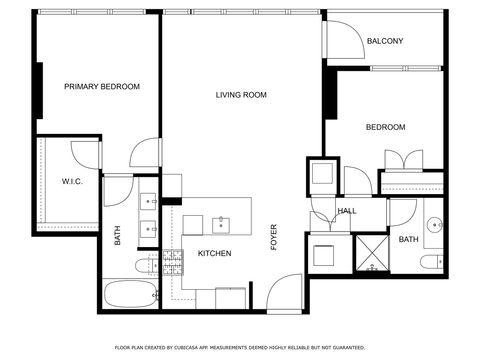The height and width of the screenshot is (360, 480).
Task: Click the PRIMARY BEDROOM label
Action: (102, 87)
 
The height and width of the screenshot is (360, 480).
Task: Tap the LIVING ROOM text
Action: (241, 95)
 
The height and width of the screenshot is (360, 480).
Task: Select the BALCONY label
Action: (385, 41)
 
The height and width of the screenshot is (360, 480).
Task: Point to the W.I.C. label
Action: (71, 181)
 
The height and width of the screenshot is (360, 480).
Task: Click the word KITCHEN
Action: (214, 254)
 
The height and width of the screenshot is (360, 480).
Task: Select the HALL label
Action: (347, 211)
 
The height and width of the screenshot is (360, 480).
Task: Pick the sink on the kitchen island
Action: (220, 224)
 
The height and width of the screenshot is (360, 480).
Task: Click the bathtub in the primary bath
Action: (131, 294)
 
